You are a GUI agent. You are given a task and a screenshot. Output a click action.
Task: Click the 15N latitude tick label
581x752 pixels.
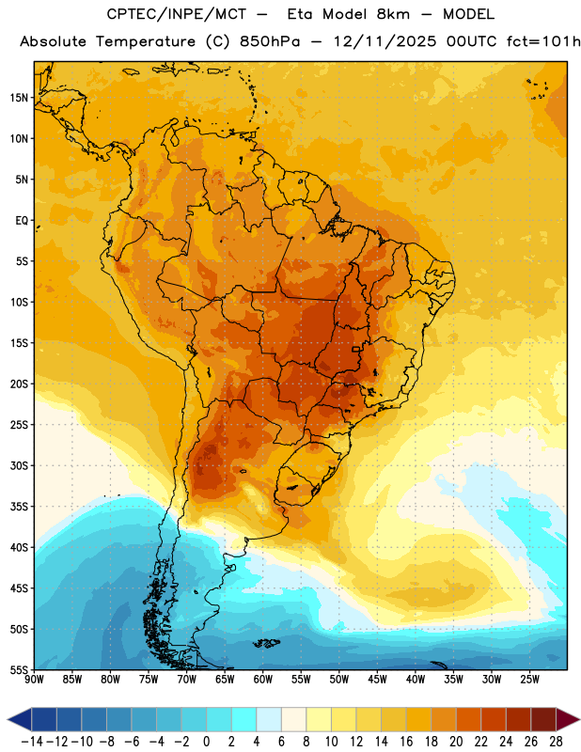pyautogui.click(x=19, y=98)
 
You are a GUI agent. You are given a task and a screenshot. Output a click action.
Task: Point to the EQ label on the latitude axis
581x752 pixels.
pyautogui.click(x=22, y=221)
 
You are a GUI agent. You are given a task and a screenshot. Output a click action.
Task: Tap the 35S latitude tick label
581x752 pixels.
pyautogui.click(x=19, y=507)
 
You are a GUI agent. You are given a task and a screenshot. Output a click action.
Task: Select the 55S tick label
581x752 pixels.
pyautogui.click(x=19, y=669)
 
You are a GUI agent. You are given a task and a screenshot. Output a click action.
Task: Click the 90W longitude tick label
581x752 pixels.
pyautogui.click(x=34, y=680)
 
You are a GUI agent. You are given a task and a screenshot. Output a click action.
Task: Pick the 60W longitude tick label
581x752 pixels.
pyautogui.click(x=263, y=680)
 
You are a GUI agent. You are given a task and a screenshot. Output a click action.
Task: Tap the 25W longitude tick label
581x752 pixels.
pyautogui.click(x=529, y=680)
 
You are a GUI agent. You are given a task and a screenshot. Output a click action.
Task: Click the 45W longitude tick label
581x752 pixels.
pyautogui.click(x=377, y=680)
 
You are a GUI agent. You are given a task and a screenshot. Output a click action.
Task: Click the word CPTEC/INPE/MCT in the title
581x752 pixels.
pyautogui.click(x=177, y=14)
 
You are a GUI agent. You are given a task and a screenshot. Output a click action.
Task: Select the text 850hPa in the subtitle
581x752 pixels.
pyautogui.click(x=270, y=41)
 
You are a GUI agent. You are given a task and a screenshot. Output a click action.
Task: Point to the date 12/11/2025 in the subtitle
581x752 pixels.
pyautogui.click(x=385, y=41)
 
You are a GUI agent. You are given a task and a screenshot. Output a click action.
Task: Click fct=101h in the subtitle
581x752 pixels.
pyautogui.click(x=543, y=41)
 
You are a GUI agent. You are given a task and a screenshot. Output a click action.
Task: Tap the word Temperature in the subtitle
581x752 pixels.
pyautogui.click(x=146, y=41)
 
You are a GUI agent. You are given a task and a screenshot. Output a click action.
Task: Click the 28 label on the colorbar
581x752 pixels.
pyautogui.click(x=556, y=742)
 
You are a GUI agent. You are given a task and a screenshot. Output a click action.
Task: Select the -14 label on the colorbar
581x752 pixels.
pyautogui.click(x=32, y=742)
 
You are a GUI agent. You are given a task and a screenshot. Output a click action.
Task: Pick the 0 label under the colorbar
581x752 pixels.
pyautogui.click(x=207, y=742)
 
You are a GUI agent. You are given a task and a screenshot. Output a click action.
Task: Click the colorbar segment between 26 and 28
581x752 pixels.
pyautogui.click(x=543, y=719)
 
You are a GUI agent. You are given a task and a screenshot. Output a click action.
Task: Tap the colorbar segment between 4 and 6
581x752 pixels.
pyautogui.click(x=269, y=719)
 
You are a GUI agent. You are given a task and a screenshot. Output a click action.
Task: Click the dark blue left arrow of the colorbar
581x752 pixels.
pyautogui.click(x=19, y=719)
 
